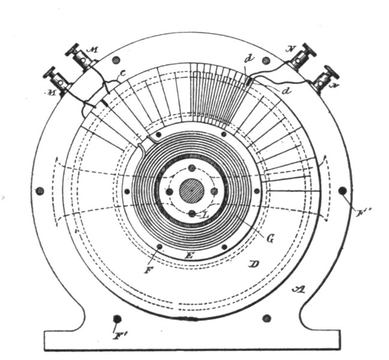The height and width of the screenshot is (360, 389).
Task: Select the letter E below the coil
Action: pos(190,256)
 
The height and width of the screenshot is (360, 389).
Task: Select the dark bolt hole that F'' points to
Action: pos(343,191)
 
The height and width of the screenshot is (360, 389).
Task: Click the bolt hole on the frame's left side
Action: pos(40,191)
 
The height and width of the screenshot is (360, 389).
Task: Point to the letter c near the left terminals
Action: pos(122,75)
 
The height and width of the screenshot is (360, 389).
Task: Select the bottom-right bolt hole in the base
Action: pos(267,318)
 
